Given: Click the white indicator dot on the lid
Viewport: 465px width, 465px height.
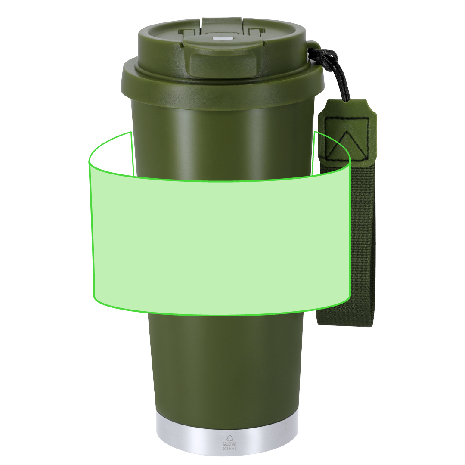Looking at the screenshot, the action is (220, 39).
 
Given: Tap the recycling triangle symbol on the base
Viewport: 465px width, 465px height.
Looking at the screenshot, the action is (229, 438).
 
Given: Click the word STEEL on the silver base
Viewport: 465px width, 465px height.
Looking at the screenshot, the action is (230, 449).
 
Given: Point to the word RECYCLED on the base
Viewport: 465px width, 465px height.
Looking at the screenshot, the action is (230, 443).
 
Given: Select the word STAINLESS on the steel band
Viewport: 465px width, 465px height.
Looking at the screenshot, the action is (230, 445).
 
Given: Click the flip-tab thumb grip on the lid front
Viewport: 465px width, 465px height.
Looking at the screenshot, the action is (223, 64).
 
